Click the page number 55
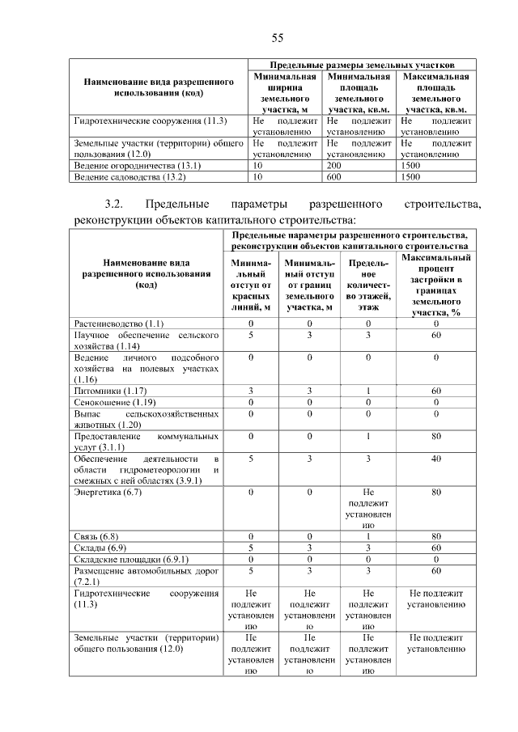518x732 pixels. [x=277, y=38]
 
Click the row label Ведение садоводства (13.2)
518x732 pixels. [x=129, y=176]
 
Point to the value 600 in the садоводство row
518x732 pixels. [x=333, y=176]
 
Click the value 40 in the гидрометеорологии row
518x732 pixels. [x=435, y=459]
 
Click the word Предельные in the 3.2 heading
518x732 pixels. [x=181, y=203]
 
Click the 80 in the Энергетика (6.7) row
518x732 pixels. [x=435, y=491]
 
